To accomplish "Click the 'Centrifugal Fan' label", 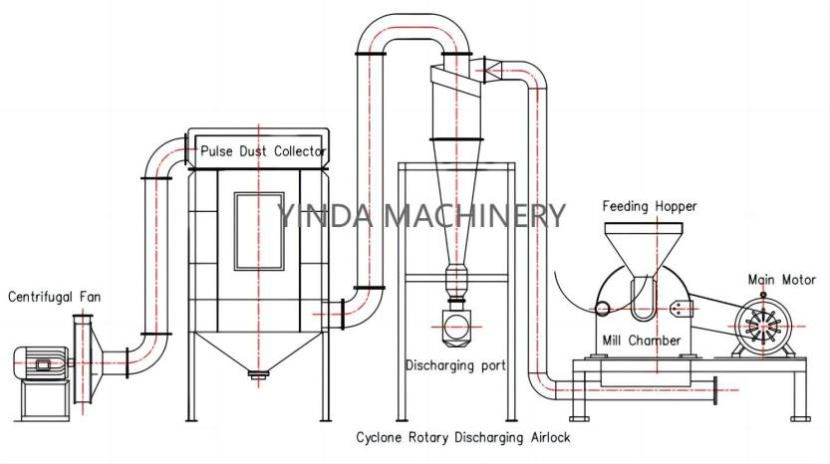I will coord(55,296).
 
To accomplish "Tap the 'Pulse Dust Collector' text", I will coord(262,151).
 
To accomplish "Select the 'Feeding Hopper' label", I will coord(649,206).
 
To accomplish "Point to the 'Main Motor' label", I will coord(782,280).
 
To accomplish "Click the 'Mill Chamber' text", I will coord(642,341).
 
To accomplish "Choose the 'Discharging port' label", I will coord(454,365).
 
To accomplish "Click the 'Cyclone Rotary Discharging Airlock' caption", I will coord(463,437).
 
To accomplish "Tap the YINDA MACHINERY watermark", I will coord(420,214).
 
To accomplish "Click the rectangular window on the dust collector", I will coord(258,231).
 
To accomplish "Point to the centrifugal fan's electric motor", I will coord(39,363).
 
